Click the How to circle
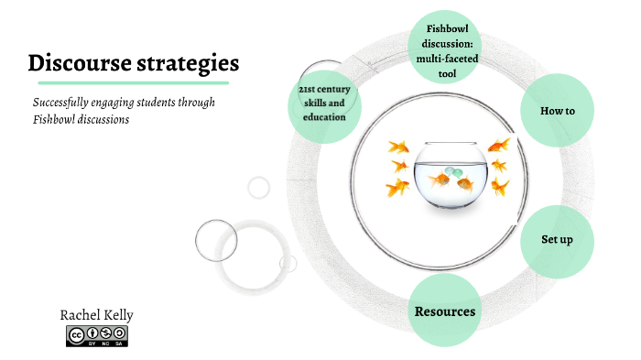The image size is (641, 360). tap(557, 111)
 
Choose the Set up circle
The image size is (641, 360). tap(557, 240)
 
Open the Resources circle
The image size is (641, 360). tap(445, 311)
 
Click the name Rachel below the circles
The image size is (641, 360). tap(80, 315)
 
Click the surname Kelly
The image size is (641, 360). tap(117, 315)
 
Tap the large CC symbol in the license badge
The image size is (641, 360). tap(76, 335)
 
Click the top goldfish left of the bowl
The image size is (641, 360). tap(397, 147)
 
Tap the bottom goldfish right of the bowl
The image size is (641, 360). tap(500, 188)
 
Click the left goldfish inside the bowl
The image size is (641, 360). tap(439, 180)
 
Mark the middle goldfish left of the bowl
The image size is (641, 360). tap(399, 166)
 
